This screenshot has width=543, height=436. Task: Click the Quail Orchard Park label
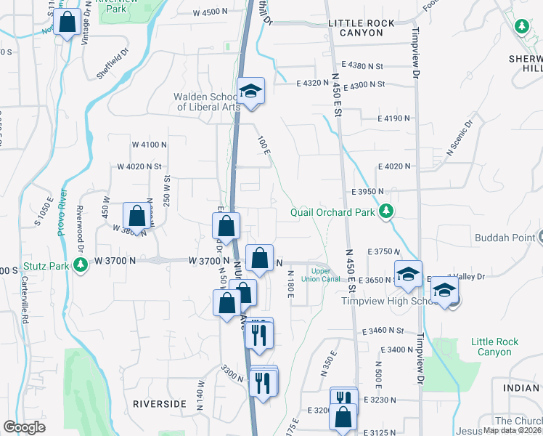[332, 212]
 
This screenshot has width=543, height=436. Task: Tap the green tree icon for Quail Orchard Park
[388, 211]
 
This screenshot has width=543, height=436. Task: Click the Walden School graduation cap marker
[250, 91]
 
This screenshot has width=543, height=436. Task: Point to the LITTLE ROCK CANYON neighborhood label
[362, 23]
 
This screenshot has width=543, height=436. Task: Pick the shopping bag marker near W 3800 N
[136, 216]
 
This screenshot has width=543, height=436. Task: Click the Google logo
[24, 427]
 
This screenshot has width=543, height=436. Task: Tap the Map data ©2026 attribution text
[513, 430]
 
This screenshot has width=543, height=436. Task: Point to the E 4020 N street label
[394, 166]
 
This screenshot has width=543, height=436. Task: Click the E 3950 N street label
[371, 191]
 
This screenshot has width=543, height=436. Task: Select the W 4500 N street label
[215, 13]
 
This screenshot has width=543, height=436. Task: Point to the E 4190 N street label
[394, 118]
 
